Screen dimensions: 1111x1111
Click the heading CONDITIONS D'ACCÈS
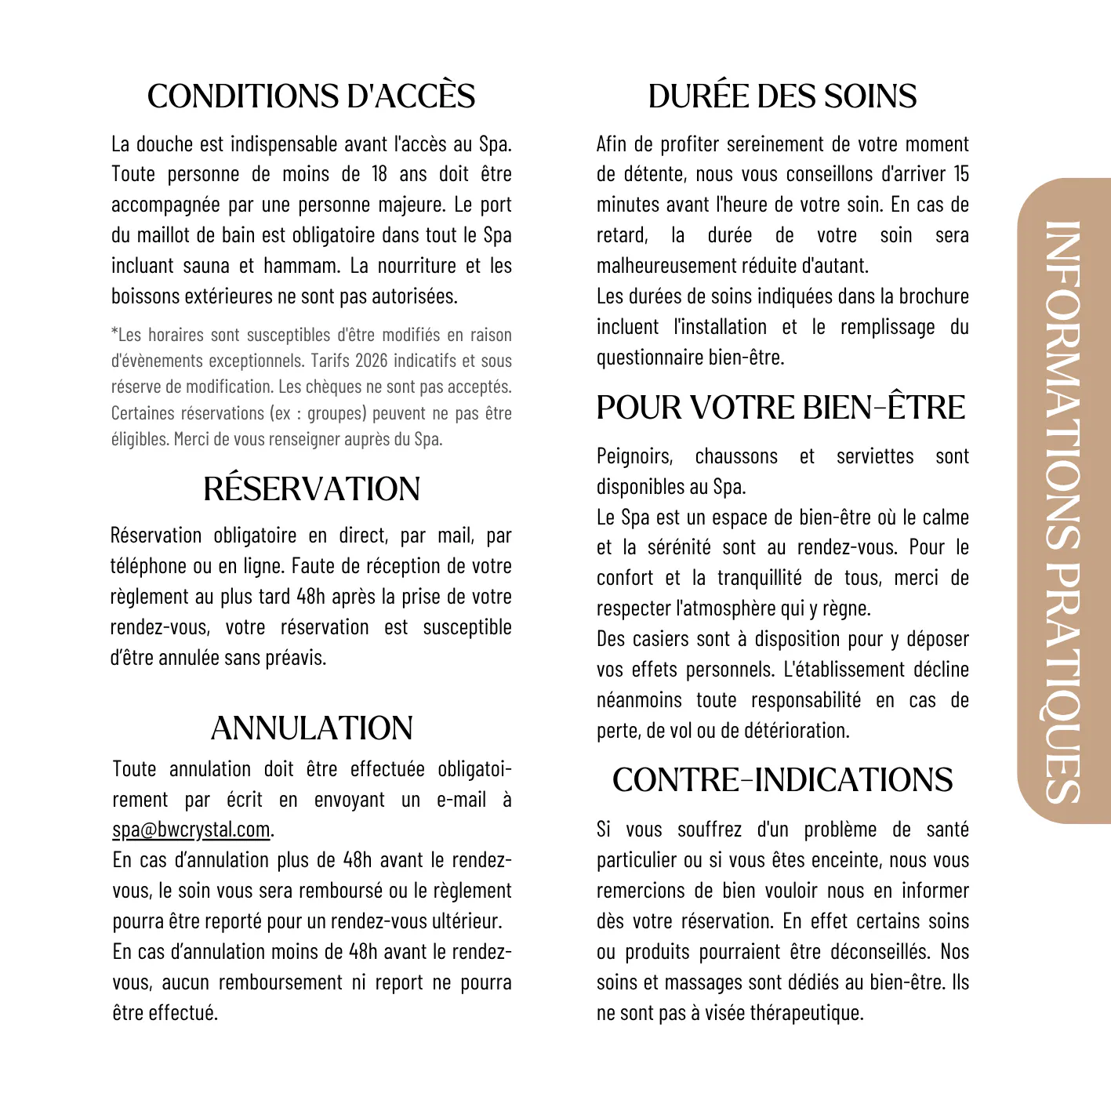tap(311, 96)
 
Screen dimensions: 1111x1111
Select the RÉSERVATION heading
tap(311, 489)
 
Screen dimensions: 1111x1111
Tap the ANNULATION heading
tap(311, 728)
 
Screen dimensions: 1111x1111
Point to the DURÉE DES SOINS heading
tap(782, 96)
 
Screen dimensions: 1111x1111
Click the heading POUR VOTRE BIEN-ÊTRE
tap(781, 408)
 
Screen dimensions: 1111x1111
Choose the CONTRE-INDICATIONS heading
tap(782, 780)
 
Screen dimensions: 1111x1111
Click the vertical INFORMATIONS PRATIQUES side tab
tap(1064, 502)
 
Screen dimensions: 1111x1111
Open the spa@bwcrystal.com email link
tap(191, 830)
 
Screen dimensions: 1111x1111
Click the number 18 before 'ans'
tap(379, 174)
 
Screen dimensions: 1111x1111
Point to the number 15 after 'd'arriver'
tap(961, 174)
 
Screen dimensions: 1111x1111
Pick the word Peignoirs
tap(634, 456)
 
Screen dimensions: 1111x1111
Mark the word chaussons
tap(736, 456)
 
